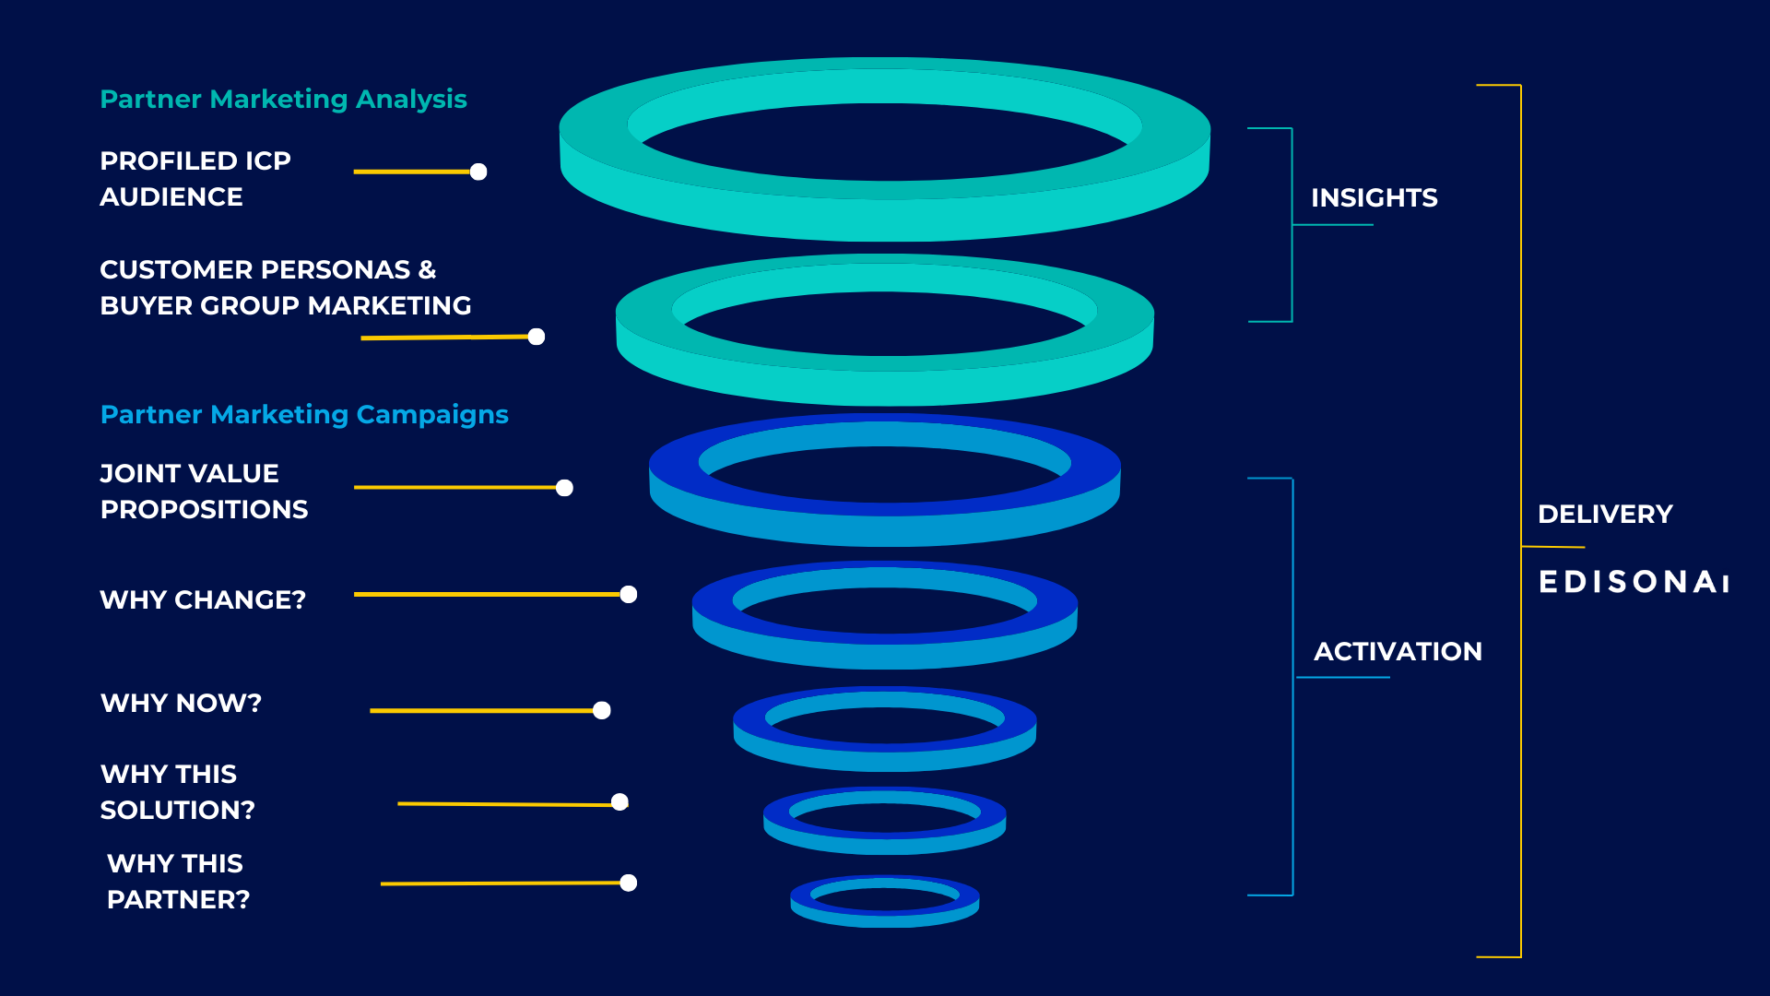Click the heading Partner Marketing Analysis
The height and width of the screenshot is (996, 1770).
283,99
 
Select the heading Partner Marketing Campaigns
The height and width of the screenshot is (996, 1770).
304,414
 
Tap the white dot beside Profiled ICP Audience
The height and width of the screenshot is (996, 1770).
478,172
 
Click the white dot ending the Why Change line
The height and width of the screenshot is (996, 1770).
629,595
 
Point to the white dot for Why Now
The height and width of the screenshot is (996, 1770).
602,710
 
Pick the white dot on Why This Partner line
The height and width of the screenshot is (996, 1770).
629,883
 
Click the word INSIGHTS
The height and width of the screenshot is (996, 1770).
1374,197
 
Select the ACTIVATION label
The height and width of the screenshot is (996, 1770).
1398,651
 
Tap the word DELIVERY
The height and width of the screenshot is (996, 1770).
1605,514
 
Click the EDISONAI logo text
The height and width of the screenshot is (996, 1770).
1634,582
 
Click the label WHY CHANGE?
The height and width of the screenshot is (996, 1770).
203,599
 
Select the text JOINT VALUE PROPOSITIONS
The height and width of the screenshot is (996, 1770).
204,491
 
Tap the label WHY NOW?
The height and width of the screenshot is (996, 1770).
181,703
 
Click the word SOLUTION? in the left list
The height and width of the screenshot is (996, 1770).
177,810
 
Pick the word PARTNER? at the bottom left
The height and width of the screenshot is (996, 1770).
178,899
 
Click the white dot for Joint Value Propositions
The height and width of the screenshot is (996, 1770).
565,488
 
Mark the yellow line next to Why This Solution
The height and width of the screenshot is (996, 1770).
507,804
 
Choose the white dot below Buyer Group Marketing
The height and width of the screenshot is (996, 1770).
537,337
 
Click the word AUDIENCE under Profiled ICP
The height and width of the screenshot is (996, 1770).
171,196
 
